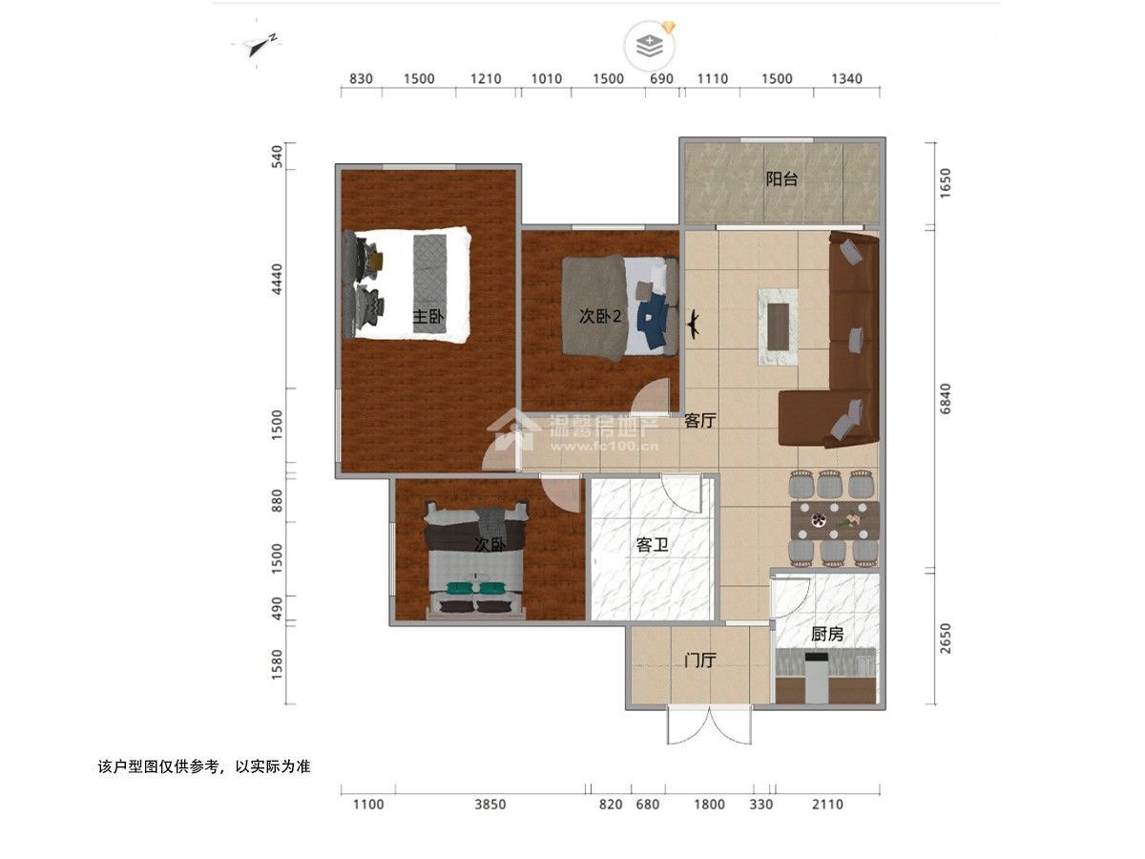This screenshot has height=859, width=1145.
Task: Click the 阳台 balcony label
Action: pyautogui.click(x=781, y=179)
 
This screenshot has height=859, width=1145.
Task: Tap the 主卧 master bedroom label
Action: pyautogui.click(x=428, y=316)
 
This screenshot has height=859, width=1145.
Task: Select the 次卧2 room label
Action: pyautogui.click(x=600, y=316)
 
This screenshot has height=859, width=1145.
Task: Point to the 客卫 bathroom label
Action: pyautogui.click(x=652, y=546)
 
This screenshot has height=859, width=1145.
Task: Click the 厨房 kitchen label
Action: pyautogui.click(x=827, y=634)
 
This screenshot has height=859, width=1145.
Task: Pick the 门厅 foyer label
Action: pyautogui.click(x=699, y=660)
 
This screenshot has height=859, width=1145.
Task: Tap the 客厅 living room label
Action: pyautogui.click(x=699, y=420)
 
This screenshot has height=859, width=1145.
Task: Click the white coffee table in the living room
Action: pyautogui.click(x=778, y=326)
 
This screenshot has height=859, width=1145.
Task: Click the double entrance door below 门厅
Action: pyautogui.click(x=710, y=725)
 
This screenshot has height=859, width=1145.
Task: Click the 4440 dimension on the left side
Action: pyautogui.click(x=277, y=279)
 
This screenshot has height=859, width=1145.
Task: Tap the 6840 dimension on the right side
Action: pyautogui.click(x=945, y=399)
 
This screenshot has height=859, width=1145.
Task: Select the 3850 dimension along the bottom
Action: pyautogui.click(x=489, y=805)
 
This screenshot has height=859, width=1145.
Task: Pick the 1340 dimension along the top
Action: pyautogui.click(x=846, y=79)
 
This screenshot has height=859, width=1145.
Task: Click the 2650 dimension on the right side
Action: pyautogui.click(x=945, y=639)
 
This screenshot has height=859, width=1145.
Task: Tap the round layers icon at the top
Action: pyautogui.click(x=650, y=47)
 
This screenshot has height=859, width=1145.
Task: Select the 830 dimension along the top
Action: pyautogui.click(x=361, y=79)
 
